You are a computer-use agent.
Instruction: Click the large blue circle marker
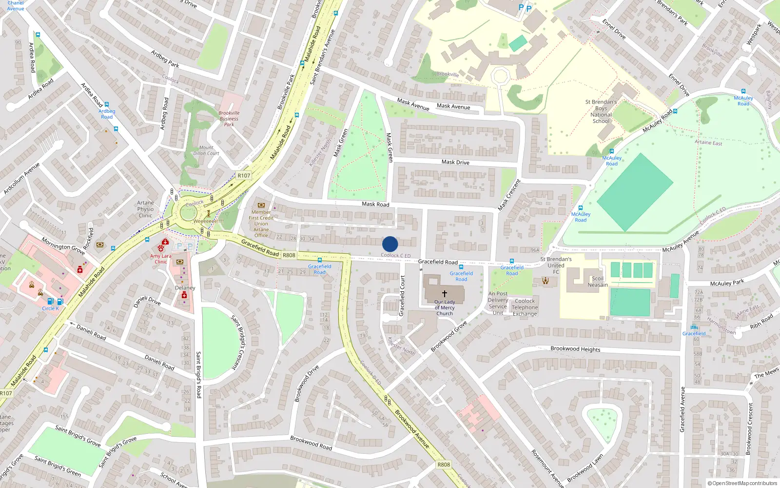tap(390, 244)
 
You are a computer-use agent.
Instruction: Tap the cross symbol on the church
tap(444, 294)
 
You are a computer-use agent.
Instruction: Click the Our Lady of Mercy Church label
tap(444, 308)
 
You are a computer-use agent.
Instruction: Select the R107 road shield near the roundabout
tap(244, 176)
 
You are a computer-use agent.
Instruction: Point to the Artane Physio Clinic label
tap(145, 209)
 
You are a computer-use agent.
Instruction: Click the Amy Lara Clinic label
tap(160, 259)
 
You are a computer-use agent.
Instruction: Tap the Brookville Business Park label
tap(229, 119)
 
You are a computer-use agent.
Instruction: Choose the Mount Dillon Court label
tap(206, 150)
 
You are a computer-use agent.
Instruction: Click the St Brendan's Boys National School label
tap(601, 111)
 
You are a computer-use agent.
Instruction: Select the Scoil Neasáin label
tap(598, 282)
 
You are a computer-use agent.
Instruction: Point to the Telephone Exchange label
tap(525, 307)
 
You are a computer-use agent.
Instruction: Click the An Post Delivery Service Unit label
tap(498, 303)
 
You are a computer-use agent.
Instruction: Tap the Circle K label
tap(50, 308)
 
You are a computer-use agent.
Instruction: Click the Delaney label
tap(185, 288)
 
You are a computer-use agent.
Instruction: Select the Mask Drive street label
tap(455, 162)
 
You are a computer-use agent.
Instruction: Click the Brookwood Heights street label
tap(575, 349)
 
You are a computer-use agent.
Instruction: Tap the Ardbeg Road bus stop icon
tap(107, 105)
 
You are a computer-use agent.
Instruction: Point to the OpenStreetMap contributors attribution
tap(742, 483)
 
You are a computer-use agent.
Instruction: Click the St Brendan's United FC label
tap(556, 265)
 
